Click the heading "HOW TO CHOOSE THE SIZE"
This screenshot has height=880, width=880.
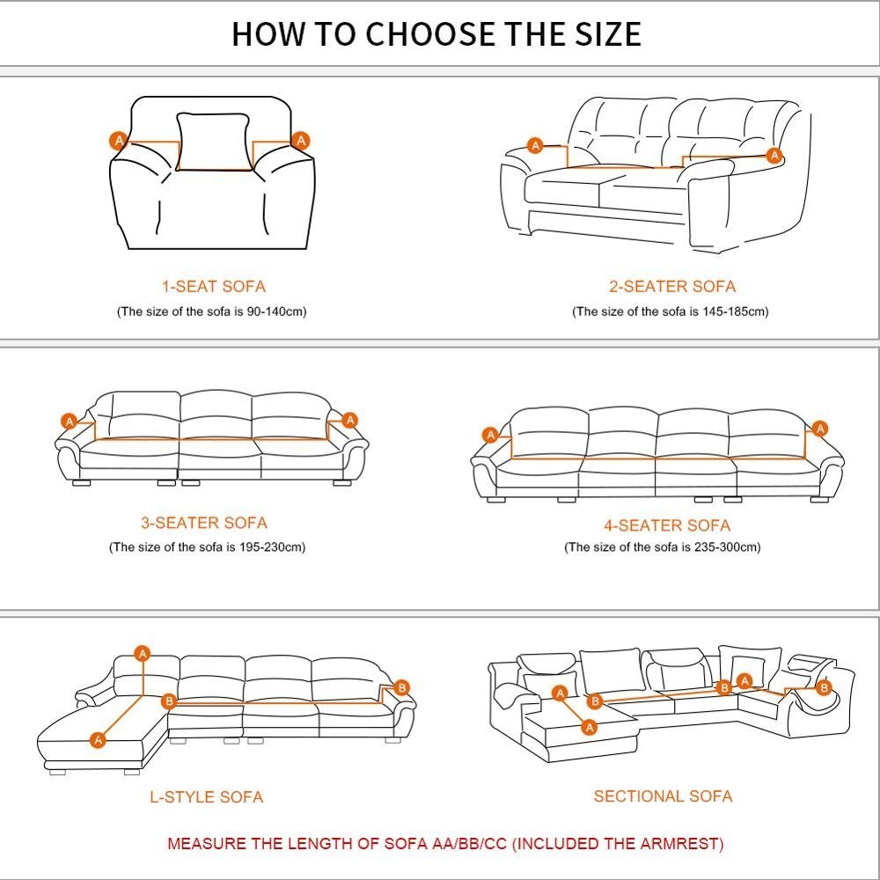(x=436, y=33)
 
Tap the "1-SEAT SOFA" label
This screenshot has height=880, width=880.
(x=214, y=286)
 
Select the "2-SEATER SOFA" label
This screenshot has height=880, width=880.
(x=672, y=286)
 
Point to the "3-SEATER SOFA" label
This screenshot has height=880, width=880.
(x=204, y=523)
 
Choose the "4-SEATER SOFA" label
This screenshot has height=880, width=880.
(x=667, y=525)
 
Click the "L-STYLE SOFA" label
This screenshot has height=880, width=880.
(x=207, y=797)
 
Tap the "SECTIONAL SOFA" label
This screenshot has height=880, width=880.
(x=663, y=796)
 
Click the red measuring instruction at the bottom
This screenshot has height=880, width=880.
(x=445, y=844)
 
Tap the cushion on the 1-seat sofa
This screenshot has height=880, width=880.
(x=213, y=142)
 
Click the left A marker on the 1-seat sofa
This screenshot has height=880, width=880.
(x=119, y=140)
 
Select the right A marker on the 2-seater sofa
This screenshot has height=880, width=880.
(x=774, y=155)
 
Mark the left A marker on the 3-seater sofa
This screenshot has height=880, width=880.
(x=69, y=421)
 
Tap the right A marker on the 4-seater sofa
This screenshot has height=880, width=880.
(x=820, y=429)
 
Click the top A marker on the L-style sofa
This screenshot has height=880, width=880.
(x=143, y=653)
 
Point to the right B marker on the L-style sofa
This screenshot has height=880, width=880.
(x=402, y=687)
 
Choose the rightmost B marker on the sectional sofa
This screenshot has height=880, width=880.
(x=824, y=687)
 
